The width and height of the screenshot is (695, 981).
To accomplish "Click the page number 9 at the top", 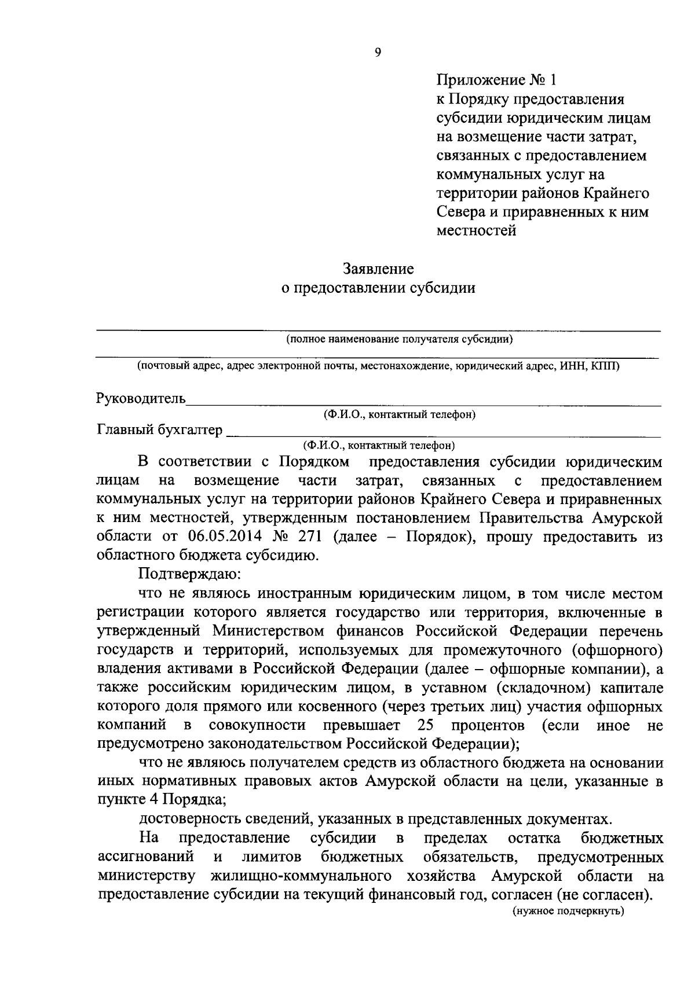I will tap(378, 53).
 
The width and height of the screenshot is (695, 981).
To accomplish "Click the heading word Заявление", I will tap(378, 269).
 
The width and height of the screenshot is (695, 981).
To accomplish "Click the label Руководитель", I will tap(141, 399).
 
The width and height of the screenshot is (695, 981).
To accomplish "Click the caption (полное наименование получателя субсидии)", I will tap(400, 340).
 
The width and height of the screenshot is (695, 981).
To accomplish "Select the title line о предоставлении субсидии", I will tap(378, 288).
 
